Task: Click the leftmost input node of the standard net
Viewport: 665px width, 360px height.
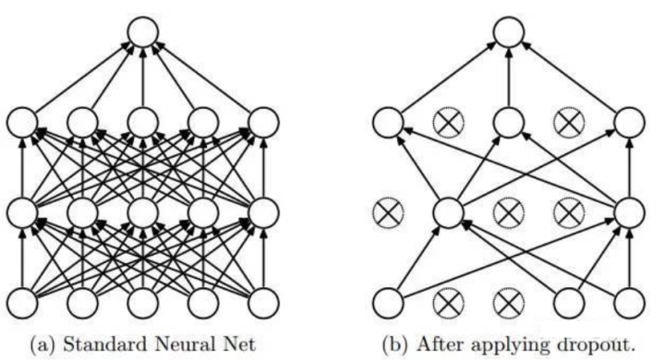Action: [x=22, y=302]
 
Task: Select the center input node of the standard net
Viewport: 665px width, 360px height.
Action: [x=142, y=302]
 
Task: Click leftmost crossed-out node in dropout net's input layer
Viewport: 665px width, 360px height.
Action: [x=448, y=302]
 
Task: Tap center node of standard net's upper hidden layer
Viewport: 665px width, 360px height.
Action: [x=142, y=122]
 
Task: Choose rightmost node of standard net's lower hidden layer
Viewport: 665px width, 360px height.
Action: [x=263, y=211]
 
